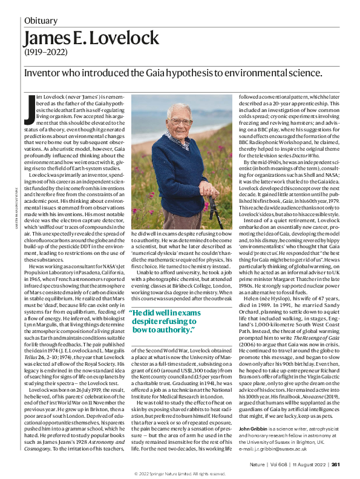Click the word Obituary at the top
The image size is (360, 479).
coord(45,20)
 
